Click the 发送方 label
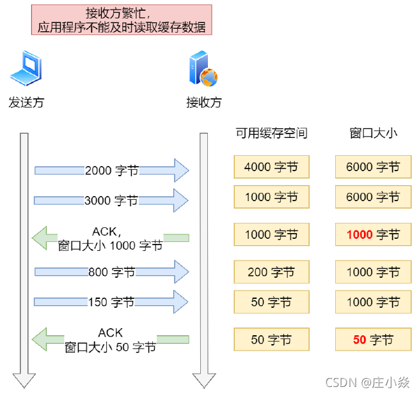[26, 102]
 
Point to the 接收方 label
[203, 102]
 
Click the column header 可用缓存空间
[271, 133]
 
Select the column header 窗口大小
[373, 133]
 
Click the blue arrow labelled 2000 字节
[112, 170]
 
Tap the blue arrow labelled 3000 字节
[112, 201]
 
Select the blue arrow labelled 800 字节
[112, 272]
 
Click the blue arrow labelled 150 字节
[112, 301]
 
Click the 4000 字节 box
[271, 167]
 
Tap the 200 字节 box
[271, 272]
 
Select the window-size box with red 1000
[373, 234]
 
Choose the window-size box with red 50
[373, 340]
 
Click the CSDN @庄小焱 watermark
[367, 382]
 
